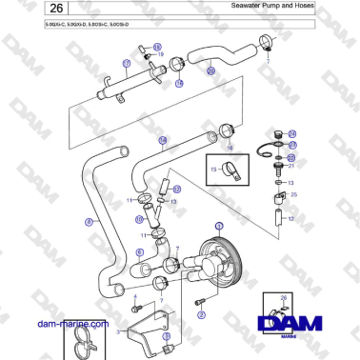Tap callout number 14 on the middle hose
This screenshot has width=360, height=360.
[x=163, y=141]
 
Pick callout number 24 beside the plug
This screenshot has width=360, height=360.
[x=292, y=133]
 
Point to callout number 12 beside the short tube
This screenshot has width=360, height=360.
[x=290, y=219]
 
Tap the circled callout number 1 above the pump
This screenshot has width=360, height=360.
[x=218, y=225]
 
